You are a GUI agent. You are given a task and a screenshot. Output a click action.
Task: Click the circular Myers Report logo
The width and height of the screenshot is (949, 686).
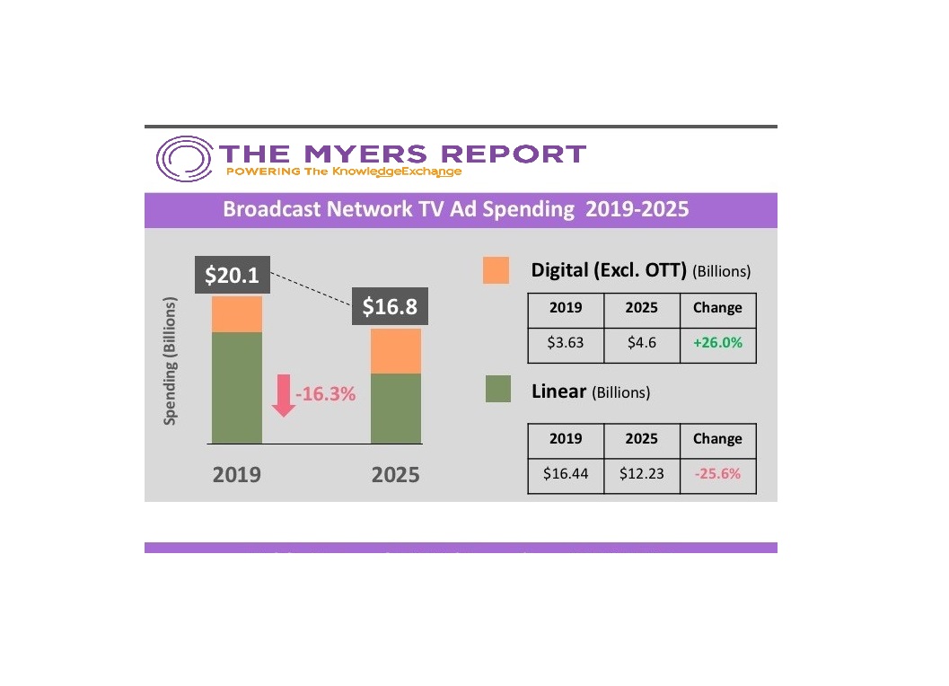(x=184, y=160)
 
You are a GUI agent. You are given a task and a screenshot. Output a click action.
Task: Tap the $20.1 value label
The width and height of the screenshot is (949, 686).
(x=232, y=276)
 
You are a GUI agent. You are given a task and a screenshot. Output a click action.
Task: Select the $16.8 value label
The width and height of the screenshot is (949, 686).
(x=390, y=306)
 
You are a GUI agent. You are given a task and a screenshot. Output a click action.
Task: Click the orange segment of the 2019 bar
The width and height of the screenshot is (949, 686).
(x=237, y=314)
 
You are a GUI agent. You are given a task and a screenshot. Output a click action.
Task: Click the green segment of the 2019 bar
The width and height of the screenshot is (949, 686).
(x=237, y=387)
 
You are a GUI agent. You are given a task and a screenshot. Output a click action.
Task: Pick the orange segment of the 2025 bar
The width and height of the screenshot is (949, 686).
(x=396, y=351)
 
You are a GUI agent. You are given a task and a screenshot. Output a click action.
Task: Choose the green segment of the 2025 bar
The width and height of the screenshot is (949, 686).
(x=396, y=408)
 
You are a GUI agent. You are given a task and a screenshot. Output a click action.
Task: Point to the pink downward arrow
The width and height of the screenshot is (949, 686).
(x=284, y=396)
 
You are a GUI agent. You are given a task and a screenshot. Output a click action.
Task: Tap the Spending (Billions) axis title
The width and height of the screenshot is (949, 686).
(x=171, y=361)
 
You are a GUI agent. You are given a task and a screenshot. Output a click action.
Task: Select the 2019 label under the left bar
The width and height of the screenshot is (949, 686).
(x=237, y=474)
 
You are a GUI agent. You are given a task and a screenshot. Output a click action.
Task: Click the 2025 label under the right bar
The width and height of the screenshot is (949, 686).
(x=396, y=474)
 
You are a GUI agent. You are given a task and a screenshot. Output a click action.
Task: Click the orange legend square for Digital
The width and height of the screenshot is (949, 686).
(x=496, y=270)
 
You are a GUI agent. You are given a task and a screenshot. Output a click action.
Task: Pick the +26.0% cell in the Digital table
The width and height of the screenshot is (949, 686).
(x=717, y=343)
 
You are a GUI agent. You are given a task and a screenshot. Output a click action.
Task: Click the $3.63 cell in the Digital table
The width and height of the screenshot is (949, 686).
(x=566, y=343)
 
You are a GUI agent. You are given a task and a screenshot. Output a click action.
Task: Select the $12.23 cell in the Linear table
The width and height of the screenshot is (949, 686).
(x=642, y=474)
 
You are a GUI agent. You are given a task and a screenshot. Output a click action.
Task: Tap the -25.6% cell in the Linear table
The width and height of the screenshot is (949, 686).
(x=717, y=474)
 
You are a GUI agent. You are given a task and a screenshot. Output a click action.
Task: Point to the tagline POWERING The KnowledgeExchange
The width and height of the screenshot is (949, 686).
(x=345, y=171)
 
